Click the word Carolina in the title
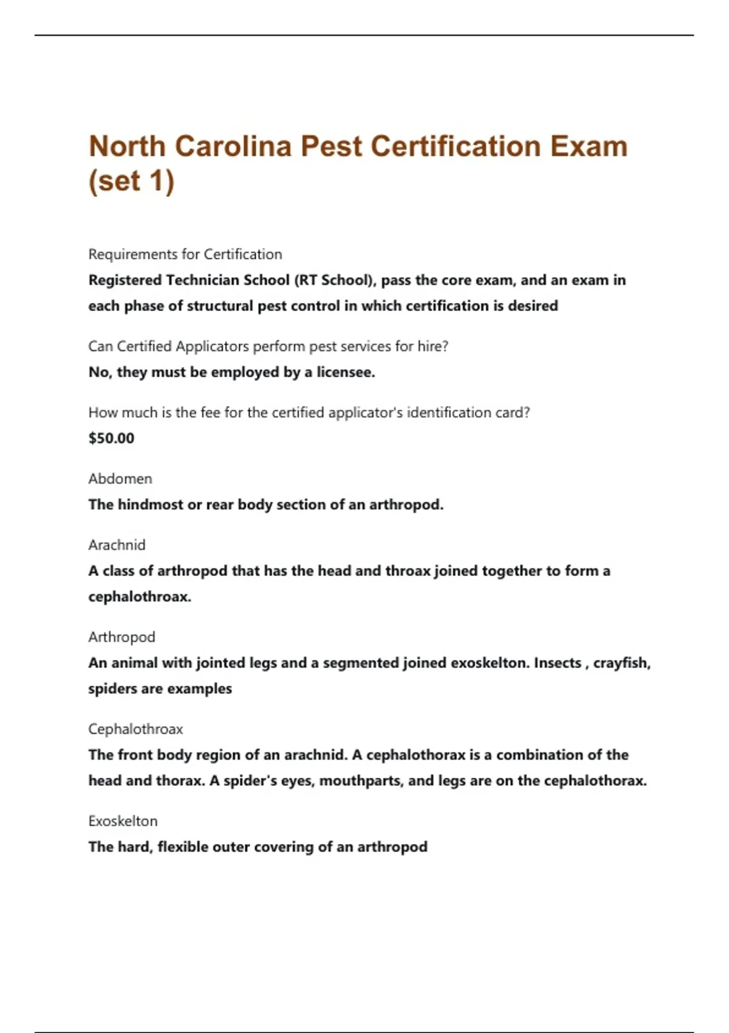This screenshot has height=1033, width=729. pos(233,146)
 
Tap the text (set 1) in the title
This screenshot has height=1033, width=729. pos(131,181)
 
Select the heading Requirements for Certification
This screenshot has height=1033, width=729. pos(185,254)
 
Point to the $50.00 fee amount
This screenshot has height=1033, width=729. pos(111,438)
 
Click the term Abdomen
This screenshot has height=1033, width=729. pos(120,479)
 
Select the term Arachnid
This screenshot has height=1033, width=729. pos(117,545)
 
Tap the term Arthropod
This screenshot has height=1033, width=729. pos(122,637)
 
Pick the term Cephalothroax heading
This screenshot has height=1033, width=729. pos(135,729)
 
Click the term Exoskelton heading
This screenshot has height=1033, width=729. pos(123,821)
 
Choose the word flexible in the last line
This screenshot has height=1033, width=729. pos(185,847)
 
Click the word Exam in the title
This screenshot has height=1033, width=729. pos(589,146)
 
